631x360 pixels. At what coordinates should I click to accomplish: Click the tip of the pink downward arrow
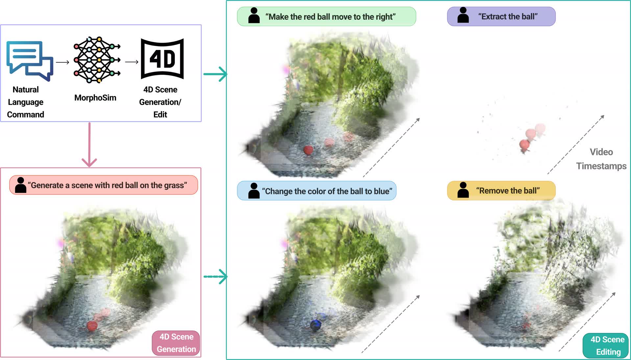pos(89,167)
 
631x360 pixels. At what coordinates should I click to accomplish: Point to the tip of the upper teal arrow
pos(227,74)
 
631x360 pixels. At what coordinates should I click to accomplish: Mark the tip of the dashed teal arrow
pos(227,277)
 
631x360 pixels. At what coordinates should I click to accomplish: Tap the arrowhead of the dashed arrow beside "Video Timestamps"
pos(603,116)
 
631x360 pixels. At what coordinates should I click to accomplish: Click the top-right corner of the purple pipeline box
pos(201,25)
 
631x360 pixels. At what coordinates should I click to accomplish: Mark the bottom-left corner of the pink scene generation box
pos(1,357)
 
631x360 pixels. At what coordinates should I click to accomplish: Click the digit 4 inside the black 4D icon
pos(155,59)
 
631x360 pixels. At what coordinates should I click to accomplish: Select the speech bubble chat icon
pos(30,61)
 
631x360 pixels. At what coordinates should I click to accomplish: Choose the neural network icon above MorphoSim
pos(97,60)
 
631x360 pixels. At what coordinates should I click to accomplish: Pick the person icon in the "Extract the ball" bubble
pos(463,15)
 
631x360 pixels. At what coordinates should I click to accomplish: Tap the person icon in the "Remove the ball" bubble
pos(463,190)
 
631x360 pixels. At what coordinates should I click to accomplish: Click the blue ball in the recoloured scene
pos(315,325)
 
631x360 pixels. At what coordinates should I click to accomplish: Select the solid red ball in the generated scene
pos(92,326)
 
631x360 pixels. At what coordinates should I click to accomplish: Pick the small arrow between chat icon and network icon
pos(62,62)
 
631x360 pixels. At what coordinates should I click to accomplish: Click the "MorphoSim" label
pos(95,98)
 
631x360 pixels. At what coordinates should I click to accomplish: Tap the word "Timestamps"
pos(601,166)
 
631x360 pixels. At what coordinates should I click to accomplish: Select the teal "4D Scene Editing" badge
pos(605,346)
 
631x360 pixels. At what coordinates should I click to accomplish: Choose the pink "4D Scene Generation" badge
pos(176,343)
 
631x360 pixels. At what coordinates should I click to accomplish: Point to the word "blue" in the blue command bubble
pos(382,191)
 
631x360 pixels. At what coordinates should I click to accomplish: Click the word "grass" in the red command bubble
pos(173,186)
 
